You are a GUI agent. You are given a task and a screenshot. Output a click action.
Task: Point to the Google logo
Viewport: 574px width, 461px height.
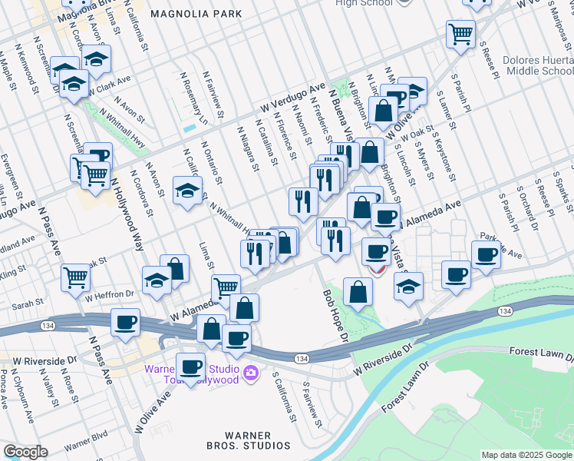[25, 452]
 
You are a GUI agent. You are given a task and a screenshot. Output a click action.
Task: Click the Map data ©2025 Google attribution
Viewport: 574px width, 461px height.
[526, 455]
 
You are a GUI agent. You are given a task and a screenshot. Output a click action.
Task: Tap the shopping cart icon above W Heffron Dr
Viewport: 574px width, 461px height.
[76, 276]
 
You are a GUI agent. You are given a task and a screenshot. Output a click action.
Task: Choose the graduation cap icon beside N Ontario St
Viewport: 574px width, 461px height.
[186, 191]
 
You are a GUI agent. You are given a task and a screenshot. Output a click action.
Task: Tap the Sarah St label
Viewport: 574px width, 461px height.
[27, 305]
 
